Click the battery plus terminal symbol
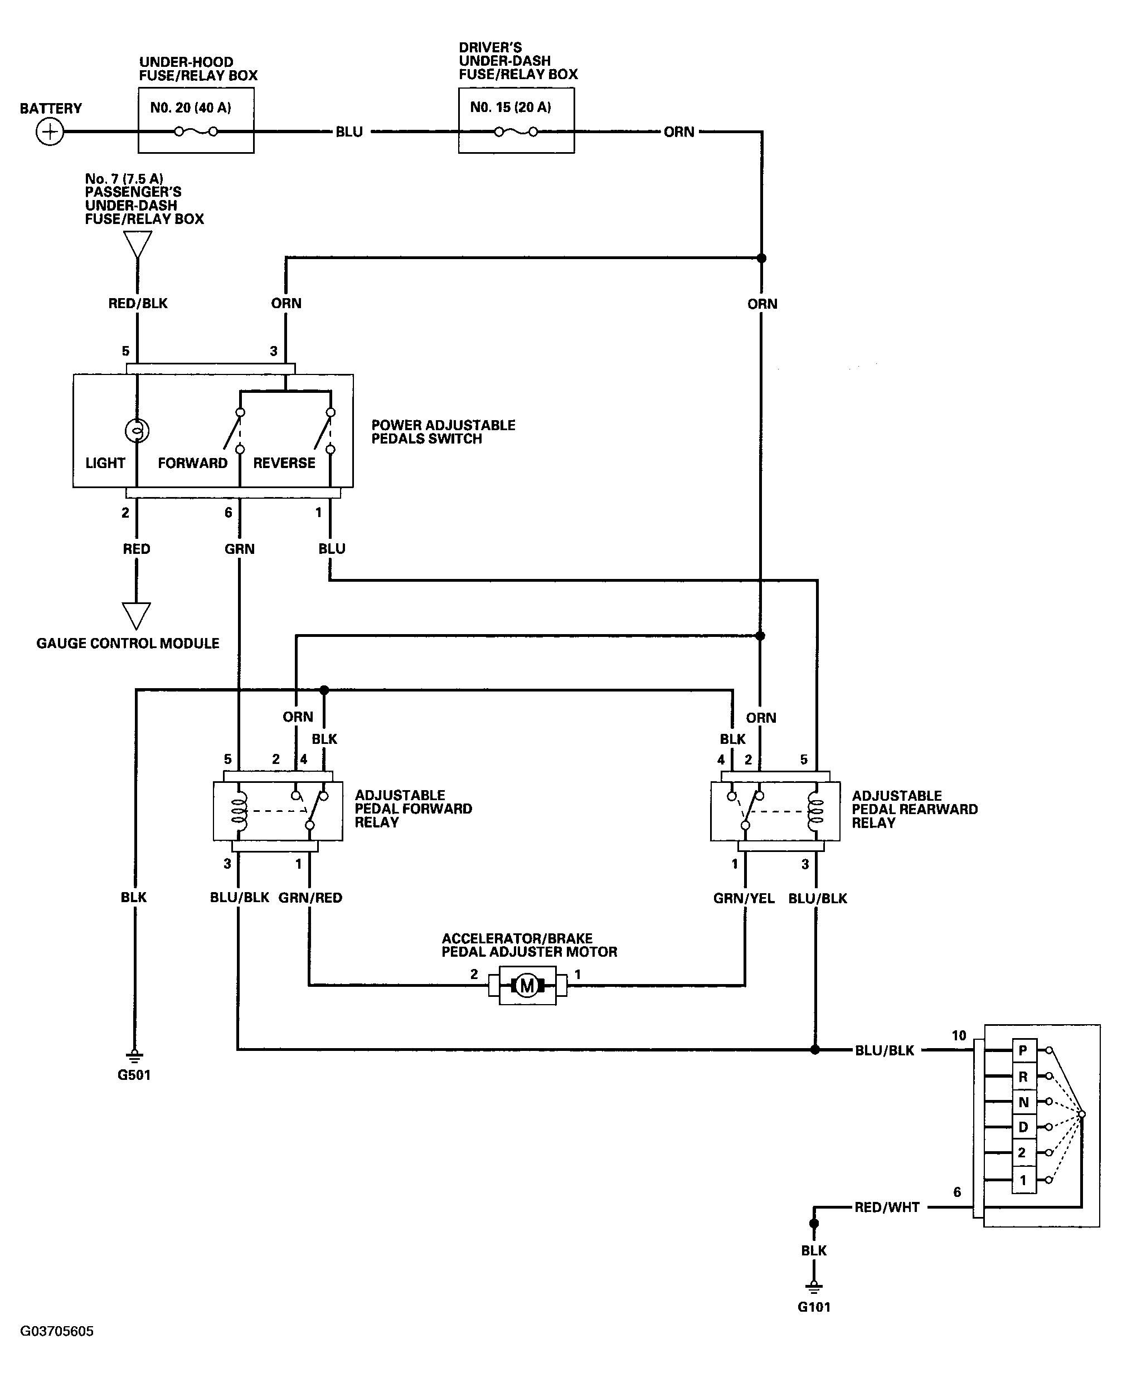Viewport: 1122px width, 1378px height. (x=50, y=133)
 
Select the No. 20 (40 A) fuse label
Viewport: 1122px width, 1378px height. (x=191, y=108)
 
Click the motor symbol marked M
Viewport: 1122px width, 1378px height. (x=527, y=986)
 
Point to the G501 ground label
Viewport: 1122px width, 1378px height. (x=134, y=1075)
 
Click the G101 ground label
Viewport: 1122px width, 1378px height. (x=814, y=1307)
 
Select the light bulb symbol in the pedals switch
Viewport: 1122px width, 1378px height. (x=137, y=430)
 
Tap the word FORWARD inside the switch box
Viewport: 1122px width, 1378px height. (x=193, y=463)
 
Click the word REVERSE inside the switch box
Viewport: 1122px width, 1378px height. (x=284, y=463)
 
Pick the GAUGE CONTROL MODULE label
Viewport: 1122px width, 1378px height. (x=128, y=644)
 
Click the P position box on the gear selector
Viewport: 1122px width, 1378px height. (x=1023, y=1050)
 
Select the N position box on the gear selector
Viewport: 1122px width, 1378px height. (x=1023, y=1102)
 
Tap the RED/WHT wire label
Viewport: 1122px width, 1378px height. (x=887, y=1207)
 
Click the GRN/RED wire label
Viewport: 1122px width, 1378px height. (x=310, y=898)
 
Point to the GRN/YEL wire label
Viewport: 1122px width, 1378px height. (x=744, y=899)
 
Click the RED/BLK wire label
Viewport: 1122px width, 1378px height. (x=138, y=304)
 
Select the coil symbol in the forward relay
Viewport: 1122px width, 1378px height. (x=239, y=811)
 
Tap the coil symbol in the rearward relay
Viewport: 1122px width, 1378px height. (x=815, y=811)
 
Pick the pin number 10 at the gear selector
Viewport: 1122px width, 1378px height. (x=959, y=1036)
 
